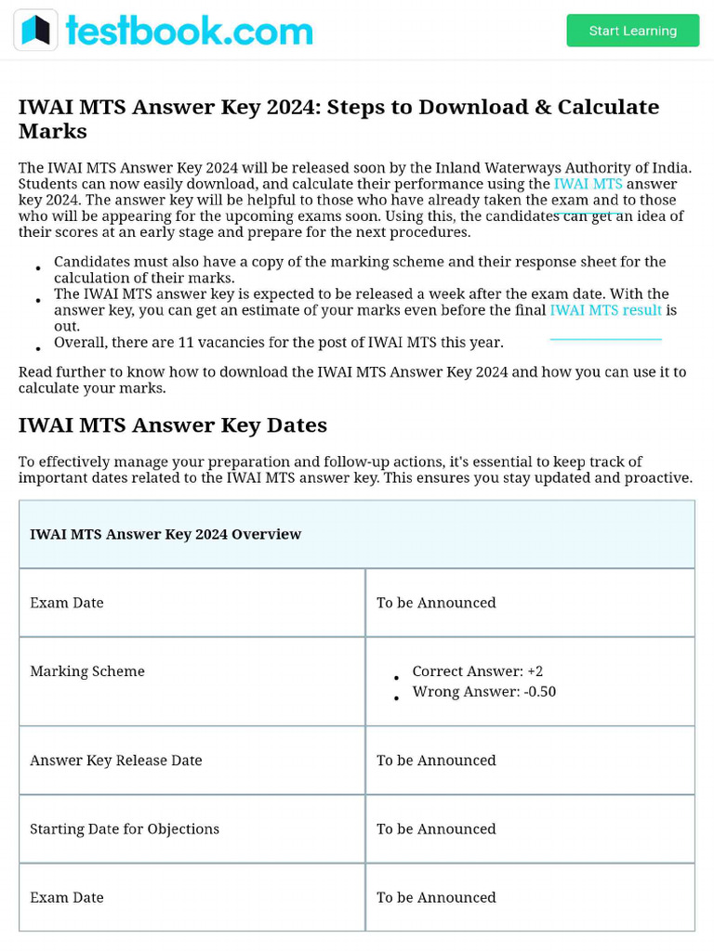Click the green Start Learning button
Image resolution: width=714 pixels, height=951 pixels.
632,31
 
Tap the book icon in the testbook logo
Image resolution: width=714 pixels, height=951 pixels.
35,31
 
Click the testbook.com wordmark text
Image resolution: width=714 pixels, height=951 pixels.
189,31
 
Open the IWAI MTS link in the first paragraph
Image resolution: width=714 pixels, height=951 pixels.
588,184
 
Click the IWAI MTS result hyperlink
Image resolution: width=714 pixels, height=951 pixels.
605,310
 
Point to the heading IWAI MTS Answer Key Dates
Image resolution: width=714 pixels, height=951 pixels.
173,425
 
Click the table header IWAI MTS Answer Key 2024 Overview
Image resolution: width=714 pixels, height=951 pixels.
165,534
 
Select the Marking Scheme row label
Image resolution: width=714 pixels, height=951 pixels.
87,671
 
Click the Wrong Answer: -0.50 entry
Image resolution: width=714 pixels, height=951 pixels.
483,692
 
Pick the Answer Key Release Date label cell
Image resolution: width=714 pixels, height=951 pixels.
116,761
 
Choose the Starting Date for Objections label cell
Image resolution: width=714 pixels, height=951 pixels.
125,829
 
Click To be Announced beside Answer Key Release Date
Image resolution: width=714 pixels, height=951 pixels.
436,761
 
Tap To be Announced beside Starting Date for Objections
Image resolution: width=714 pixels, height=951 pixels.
436,829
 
